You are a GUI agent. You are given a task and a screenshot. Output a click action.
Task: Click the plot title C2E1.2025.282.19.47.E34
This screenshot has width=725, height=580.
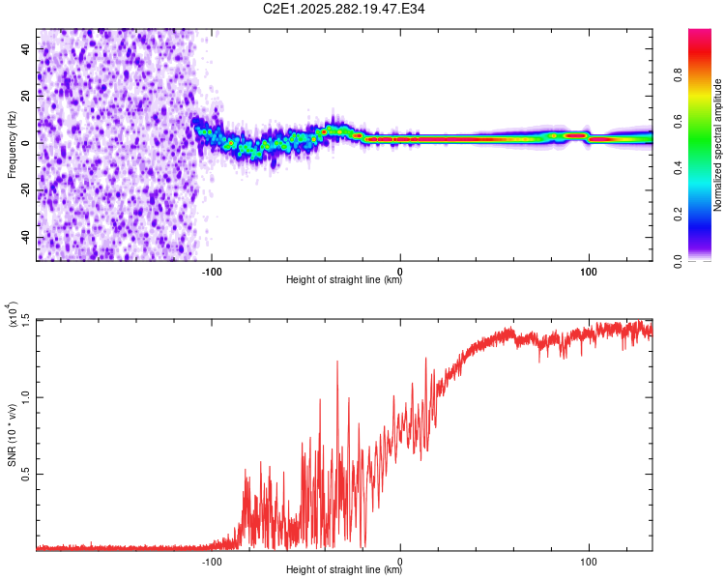[343, 9]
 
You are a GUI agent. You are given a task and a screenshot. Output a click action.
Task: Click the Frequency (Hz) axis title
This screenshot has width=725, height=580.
[12, 145]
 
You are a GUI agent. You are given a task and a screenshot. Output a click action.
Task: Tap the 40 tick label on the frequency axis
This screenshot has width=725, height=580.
[26, 49]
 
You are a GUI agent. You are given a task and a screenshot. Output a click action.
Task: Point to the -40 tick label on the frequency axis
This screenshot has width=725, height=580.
[26, 237]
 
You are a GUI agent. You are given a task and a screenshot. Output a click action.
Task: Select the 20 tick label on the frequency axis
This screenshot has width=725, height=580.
[26, 97]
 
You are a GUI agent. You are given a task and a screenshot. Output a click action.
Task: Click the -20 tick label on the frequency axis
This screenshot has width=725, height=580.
[26, 189]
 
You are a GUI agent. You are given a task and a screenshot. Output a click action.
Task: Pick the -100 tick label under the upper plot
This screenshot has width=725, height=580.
[212, 272]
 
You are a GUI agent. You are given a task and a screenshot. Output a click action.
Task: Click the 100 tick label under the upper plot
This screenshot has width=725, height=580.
[589, 272]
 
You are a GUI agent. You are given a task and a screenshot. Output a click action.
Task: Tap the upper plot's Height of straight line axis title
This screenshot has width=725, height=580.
[344, 279]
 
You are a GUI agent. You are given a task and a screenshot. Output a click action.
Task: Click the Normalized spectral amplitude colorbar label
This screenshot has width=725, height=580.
[717, 145]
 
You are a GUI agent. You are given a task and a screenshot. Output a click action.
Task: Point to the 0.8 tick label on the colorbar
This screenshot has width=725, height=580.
[678, 74]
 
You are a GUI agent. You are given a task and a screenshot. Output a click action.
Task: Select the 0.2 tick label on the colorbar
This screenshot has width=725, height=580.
[678, 215]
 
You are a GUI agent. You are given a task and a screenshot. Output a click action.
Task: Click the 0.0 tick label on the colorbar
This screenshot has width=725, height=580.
[678, 261]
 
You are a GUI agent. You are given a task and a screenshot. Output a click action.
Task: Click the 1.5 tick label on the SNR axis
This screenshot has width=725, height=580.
[26, 320]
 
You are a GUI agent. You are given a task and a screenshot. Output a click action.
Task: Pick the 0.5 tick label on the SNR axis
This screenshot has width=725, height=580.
[26, 474]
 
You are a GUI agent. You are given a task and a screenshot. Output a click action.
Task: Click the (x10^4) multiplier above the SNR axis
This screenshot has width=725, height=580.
[13, 314]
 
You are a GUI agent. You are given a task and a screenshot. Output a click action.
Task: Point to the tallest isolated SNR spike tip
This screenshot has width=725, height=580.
[337, 362]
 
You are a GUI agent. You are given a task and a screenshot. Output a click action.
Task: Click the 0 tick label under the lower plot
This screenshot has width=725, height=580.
[400, 562]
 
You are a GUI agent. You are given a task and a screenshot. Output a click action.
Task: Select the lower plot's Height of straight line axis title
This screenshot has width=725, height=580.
[344, 569]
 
